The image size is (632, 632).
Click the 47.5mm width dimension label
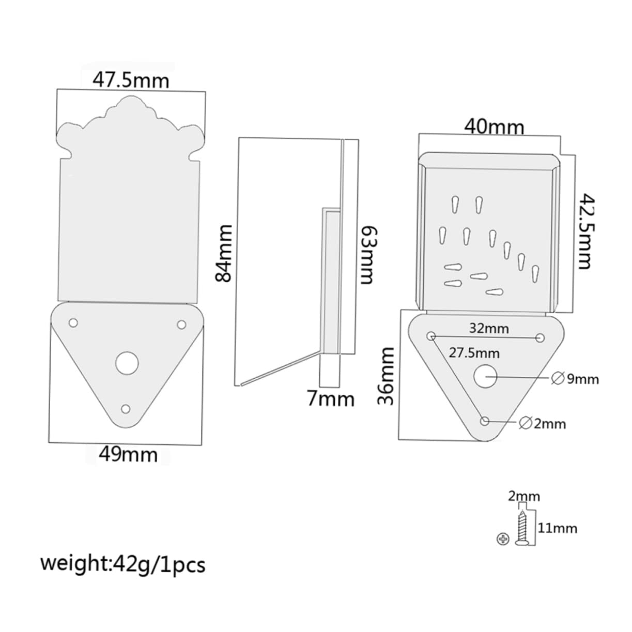pos(130,80)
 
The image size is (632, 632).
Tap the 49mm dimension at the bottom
pos(128,454)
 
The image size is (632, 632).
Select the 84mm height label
pos(224,253)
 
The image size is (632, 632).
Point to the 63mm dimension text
pos(365,255)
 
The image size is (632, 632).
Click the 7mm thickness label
pos(331,399)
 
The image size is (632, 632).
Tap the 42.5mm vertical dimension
pos(583,231)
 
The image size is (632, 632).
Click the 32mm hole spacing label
pos(489,328)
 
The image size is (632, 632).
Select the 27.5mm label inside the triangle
pos(474,353)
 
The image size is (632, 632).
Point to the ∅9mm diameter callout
pos(575,379)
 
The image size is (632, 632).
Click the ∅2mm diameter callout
pos(542,424)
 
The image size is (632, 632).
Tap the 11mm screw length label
pos(557,528)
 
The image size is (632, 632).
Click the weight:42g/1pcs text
pos(123,564)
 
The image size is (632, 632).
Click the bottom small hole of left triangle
pos(125,409)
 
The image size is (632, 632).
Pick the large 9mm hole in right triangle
pos(486,377)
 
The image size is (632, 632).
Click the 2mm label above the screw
pos(523,497)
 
